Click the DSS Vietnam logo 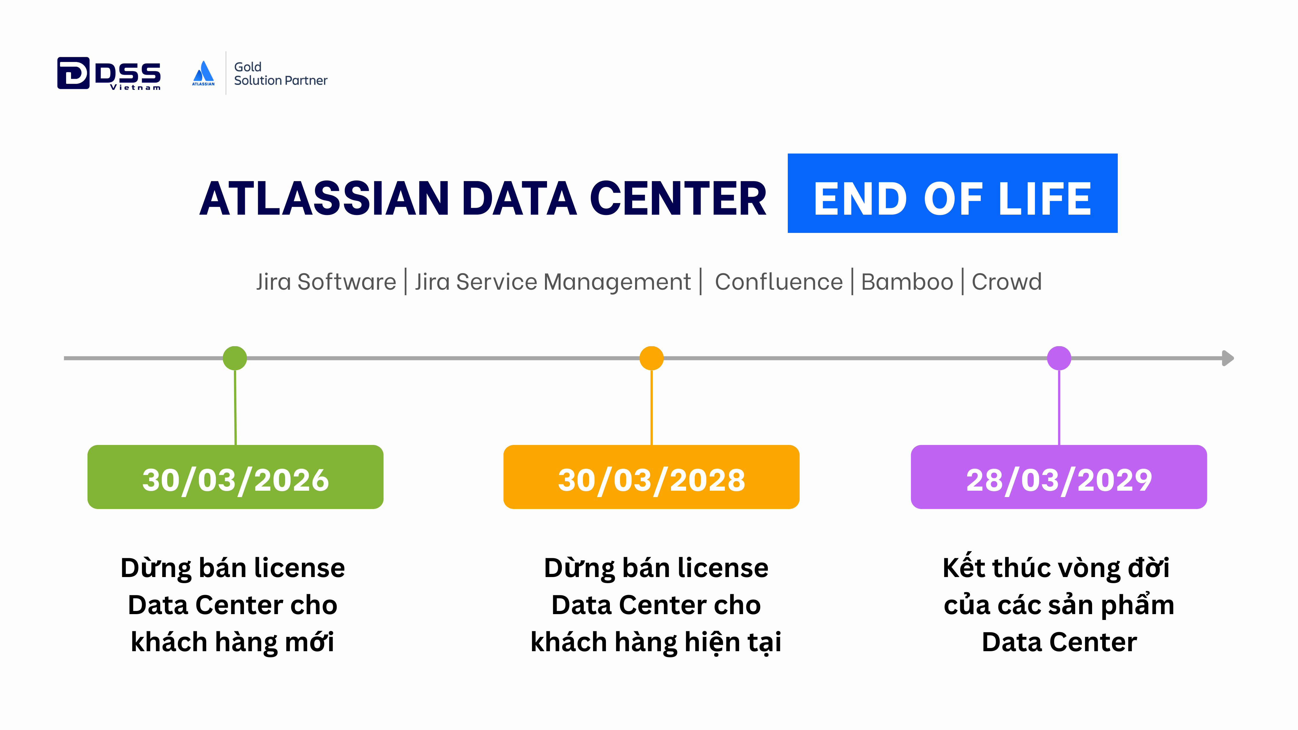109,74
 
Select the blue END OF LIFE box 952,193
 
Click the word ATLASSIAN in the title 324,198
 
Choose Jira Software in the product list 326,282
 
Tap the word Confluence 779,282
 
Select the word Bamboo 907,282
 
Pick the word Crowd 1006,282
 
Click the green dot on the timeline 235,358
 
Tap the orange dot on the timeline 652,358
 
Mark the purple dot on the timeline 1059,358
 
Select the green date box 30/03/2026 235,477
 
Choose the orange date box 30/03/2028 652,477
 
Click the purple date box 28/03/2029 1059,477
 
